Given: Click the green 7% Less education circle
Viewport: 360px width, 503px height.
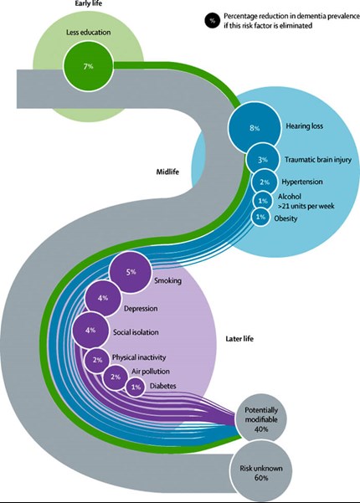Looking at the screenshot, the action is [x=88, y=66].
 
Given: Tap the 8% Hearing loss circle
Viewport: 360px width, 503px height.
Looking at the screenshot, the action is [x=255, y=128].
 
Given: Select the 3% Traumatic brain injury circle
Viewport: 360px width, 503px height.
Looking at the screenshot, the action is [x=262, y=159].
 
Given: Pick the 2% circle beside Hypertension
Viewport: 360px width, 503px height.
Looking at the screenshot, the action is [x=265, y=182].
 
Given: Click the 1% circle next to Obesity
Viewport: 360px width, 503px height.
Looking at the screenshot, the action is [x=260, y=217].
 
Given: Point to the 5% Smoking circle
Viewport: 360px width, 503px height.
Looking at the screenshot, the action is [x=131, y=272].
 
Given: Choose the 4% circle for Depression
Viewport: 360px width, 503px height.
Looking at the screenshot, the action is [x=103, y=298].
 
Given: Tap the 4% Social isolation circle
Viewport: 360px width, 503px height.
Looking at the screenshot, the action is [x=90, y=330].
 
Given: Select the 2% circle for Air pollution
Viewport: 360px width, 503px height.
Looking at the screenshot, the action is [x=116, y=377].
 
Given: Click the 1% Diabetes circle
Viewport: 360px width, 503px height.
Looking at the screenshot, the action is [x=135, y=387].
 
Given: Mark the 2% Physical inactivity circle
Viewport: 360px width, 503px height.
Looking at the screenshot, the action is [x=97, y=360].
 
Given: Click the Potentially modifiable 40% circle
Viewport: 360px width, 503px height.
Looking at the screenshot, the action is [x=261, y=419].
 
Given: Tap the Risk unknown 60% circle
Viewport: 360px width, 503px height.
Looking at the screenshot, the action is [x=261, y=473].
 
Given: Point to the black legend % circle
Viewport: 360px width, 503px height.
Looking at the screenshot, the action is [x=212, y=21].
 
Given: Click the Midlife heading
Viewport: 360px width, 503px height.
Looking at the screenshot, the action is [x=167, y=172].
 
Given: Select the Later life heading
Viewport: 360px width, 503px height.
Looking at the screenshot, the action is [x=239, y=339].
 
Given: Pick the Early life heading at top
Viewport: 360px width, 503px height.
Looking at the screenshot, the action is [x=88, y=3].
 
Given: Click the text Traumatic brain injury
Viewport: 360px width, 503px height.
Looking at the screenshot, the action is [x=318, y=160].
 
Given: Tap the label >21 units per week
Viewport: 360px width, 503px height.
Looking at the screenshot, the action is [x=306, y=206].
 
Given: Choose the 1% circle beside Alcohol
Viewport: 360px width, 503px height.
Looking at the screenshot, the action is [x=262, y=201].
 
